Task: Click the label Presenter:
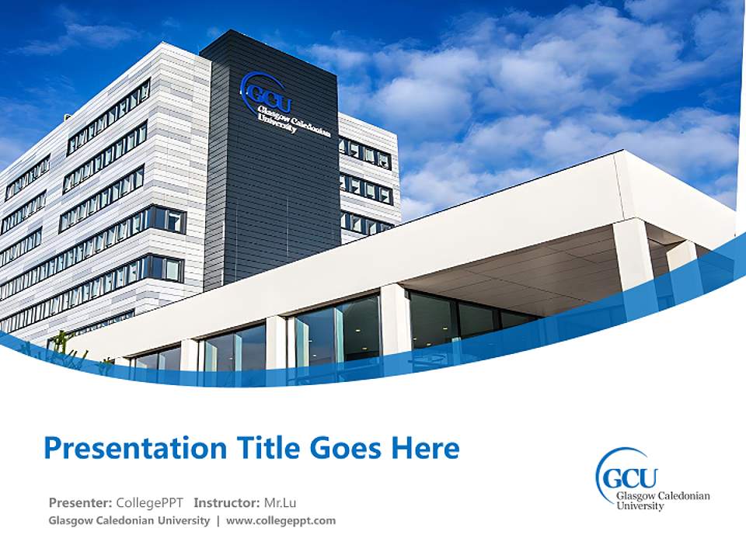click(x=80, y=502)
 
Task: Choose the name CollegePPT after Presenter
click(x=150, y=502)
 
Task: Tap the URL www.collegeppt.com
click(x=281, y=520)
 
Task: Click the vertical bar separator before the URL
click(x=218, y=520)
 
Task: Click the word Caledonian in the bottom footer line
click(x=127, y=520)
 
